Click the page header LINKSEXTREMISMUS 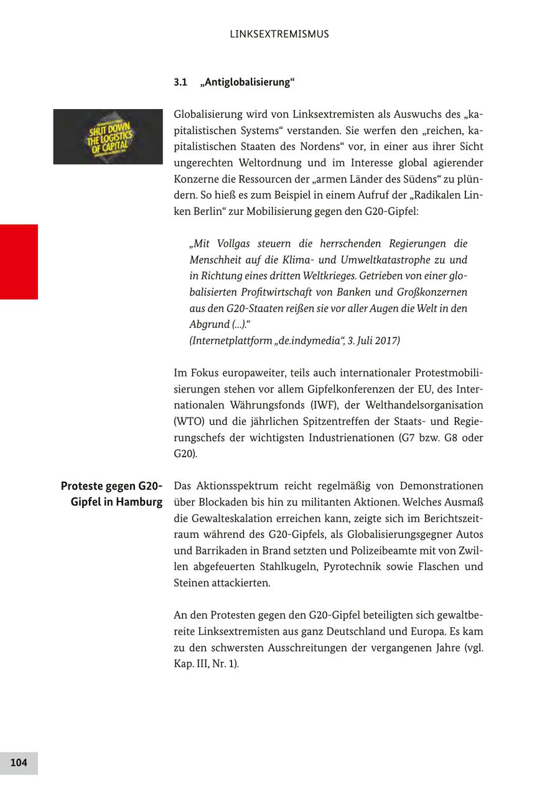point(279,34)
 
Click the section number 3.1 point(180,82)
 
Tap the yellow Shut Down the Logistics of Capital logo point(108,137)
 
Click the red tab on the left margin point(19,262)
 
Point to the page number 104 point(19,763)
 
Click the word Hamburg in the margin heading point(137,502)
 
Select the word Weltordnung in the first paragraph point(263,163)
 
